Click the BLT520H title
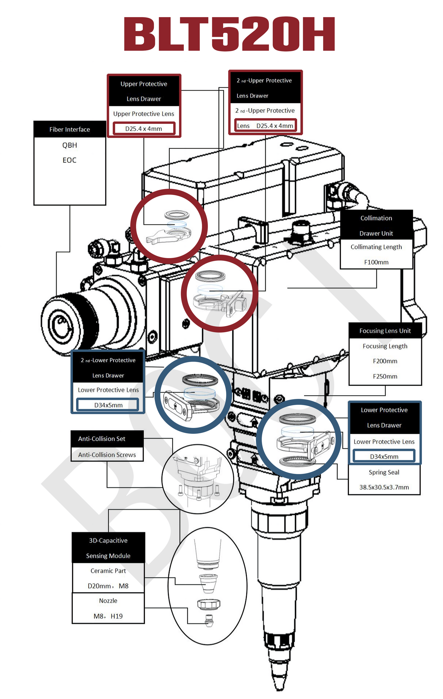[229, 34]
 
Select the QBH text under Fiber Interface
[70, 145]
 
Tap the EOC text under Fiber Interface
[70, 160]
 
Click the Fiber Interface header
[70, 129]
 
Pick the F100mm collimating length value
[376, 262]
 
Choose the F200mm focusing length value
[385, 361]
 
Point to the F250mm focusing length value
[385, 376]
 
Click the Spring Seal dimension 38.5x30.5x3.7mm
[384, 487]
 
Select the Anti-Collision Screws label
[107, 455]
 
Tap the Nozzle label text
[108, 601]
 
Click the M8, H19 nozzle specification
[108, 616]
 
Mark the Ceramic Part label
[108, 571]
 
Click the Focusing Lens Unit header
[385, 331]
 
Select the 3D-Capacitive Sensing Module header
[108, 548]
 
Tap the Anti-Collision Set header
[102, 439]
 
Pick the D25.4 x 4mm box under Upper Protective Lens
[144, 129]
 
